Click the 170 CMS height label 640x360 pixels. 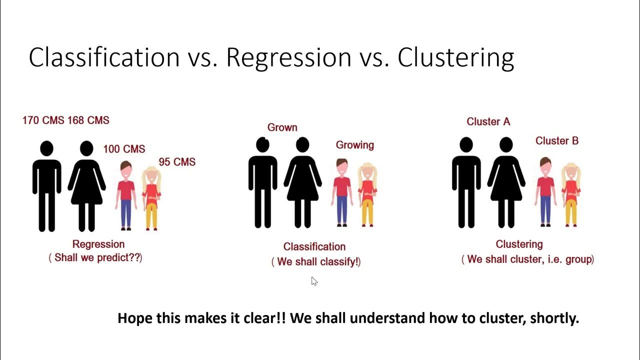43,120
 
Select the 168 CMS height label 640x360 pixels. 88,120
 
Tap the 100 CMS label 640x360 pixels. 124,149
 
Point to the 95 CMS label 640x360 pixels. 177,162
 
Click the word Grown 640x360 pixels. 282,127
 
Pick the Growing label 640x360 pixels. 354,145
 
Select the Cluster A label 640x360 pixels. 488,122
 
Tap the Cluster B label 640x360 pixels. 557,141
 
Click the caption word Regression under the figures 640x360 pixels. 98,244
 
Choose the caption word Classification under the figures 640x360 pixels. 314,246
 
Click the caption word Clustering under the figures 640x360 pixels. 519,244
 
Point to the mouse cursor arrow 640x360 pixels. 314,281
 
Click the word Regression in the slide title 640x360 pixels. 288,57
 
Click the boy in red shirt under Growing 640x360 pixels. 342,192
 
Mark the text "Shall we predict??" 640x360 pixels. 95,258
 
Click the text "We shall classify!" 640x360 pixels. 316,261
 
